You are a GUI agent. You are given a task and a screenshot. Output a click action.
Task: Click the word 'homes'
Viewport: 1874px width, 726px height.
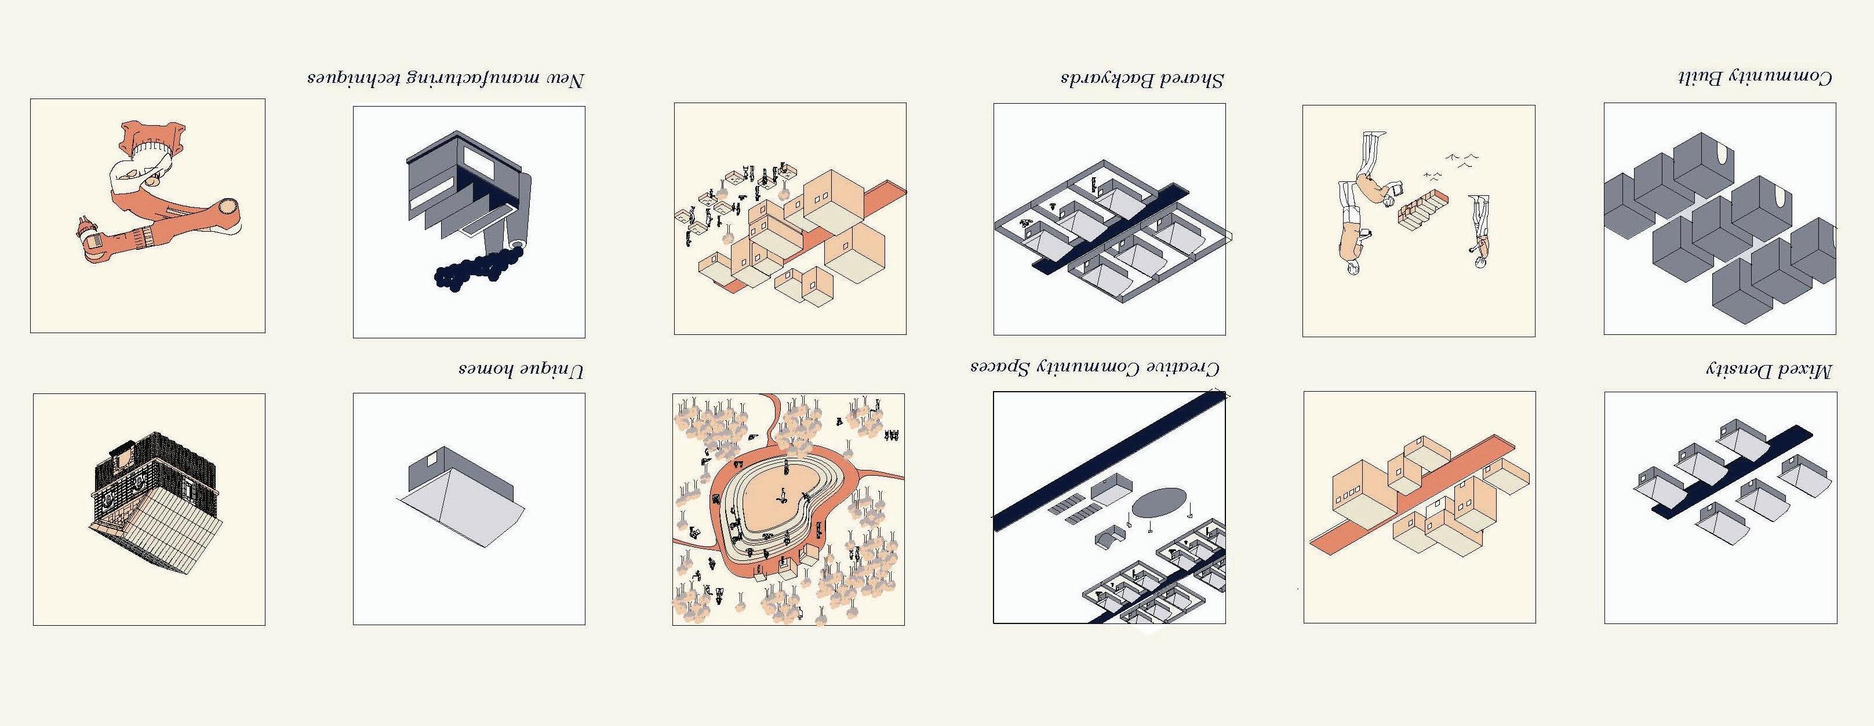tap(486, 370)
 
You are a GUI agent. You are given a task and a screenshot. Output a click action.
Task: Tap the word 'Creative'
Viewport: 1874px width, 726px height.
tap(1184, 367)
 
